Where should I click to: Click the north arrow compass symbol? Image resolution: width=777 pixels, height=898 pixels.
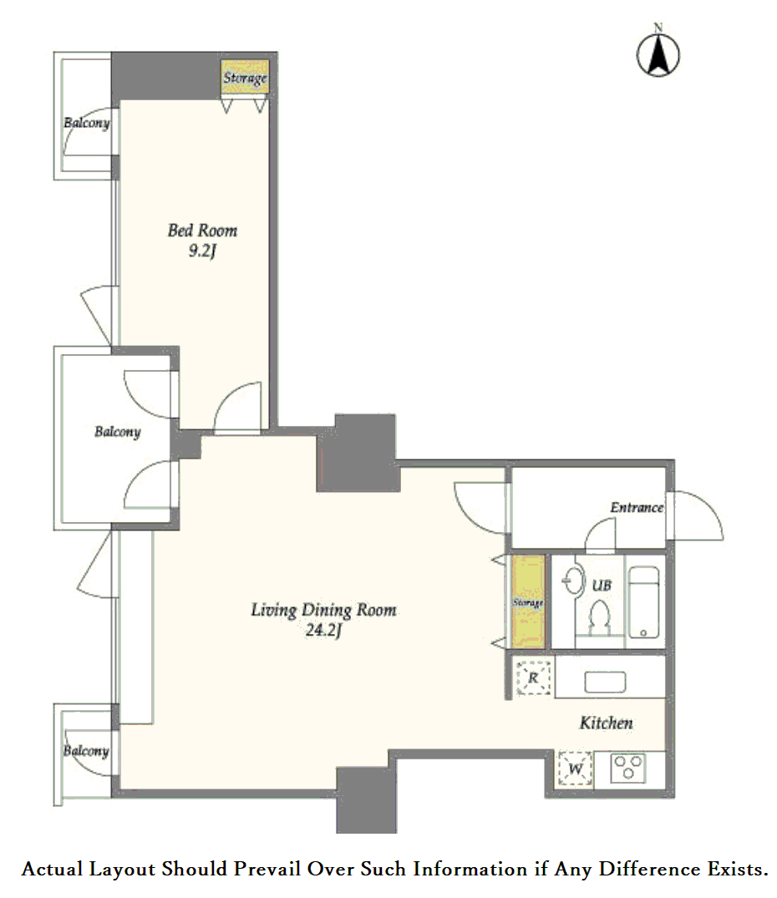pos(658,54)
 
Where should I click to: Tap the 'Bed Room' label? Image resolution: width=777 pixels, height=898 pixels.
pos(202,231)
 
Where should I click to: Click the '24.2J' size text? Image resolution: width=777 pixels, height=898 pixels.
pos(323,630)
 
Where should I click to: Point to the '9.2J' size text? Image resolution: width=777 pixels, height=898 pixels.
pos(202,251)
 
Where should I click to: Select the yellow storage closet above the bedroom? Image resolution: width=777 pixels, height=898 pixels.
pos(245,78)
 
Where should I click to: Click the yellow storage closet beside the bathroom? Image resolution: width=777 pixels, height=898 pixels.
pos(527,601)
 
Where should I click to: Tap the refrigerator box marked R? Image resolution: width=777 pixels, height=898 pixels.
pos(533,678)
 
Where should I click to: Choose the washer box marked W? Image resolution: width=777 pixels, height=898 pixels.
pos(576,769)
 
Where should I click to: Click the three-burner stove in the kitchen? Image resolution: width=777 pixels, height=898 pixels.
pos(628,768)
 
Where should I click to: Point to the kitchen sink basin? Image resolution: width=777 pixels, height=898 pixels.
pos(605,682)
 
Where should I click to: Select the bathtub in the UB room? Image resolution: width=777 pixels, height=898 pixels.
pos(643,602)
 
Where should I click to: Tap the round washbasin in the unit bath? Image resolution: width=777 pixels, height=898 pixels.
pos(573,581)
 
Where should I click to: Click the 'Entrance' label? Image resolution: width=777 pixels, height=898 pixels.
pos(637,507)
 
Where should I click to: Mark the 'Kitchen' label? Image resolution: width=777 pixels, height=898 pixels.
pos(607,723)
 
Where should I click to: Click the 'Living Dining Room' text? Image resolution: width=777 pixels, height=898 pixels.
pos(323,610)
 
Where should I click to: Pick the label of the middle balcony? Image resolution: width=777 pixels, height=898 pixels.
pos(117,431)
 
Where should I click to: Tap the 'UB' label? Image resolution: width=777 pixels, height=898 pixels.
pos(602,586)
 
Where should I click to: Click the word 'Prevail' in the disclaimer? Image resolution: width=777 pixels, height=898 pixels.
pos(267,869)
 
